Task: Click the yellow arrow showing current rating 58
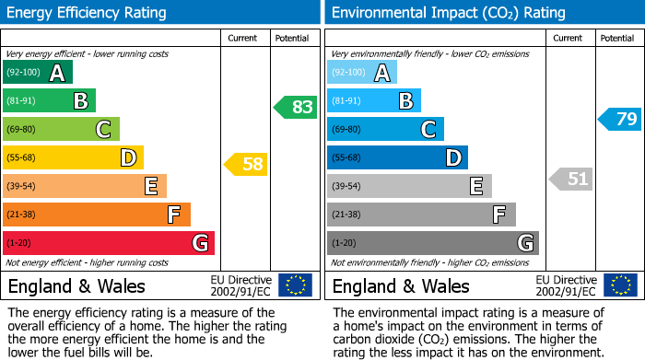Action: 245,165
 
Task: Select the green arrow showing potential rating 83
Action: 296,107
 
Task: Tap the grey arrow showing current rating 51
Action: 570,179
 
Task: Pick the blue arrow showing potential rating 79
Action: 620,119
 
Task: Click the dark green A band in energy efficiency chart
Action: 37,73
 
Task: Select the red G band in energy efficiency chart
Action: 108,243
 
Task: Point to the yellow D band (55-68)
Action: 73,157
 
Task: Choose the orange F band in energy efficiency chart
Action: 96,215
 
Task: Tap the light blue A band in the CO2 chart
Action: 362,73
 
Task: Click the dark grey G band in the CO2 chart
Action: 432,243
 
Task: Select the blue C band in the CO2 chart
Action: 385,129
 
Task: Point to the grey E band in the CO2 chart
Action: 409,186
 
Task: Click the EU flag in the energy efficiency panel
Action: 295,285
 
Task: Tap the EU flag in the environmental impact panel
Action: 619,285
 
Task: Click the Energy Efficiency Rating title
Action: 88,13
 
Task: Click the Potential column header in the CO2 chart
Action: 617,38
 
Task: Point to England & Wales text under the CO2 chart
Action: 401,285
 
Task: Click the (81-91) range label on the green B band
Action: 23,101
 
